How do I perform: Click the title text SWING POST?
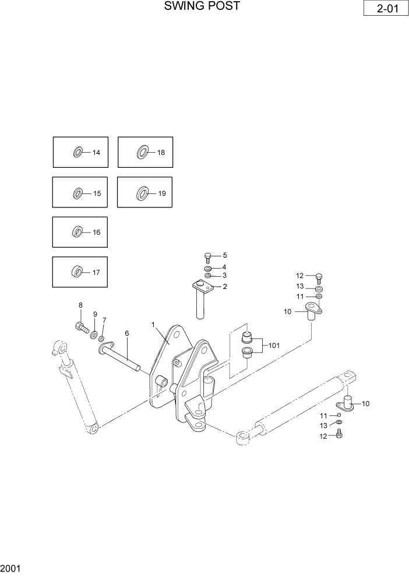pos(202,6)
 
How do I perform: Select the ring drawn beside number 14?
pos(78,153)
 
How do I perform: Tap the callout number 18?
pos(161,153)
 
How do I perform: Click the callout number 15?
pos(97,193)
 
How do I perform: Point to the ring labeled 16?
pos(77,232)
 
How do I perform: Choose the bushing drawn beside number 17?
pos(77,272)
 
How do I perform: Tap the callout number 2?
pos(224,287)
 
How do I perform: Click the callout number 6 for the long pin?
pos(126,333)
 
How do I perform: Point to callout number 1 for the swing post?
pos(153,324)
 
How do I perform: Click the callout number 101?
pos(274,346)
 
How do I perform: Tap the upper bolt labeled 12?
pos(318,277)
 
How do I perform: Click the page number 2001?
pos(11,567)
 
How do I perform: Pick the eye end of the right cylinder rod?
pos(242,437)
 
